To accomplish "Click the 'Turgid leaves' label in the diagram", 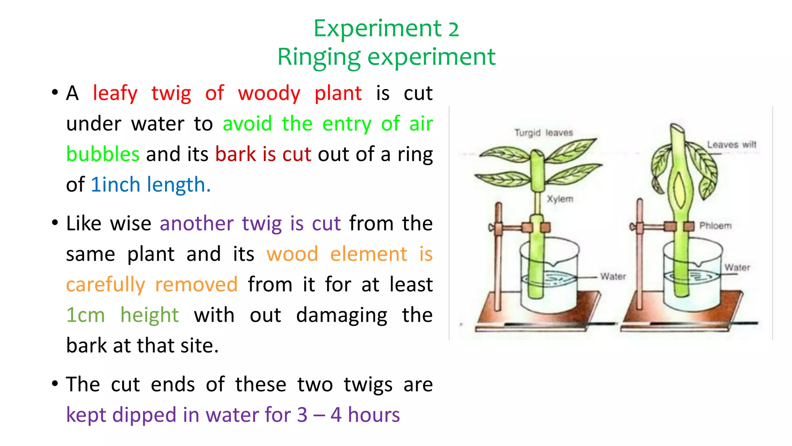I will [543, 133].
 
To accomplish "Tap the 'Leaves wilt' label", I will [731, 145].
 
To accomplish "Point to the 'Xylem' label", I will [560, 199].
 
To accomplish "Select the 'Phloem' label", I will [715, 226].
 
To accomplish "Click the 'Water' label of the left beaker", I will [613, 276].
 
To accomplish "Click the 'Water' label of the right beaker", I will [737, 268].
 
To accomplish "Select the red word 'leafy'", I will [115, 93].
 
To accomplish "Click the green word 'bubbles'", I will [102, 154].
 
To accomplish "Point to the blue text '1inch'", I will [115, 185].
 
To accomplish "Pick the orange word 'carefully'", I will [105, 285].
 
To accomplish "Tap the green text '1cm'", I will [85, 315].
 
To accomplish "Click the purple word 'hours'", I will [374, 415].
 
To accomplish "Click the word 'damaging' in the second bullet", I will [341, 315].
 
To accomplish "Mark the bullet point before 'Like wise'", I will [55, 223].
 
